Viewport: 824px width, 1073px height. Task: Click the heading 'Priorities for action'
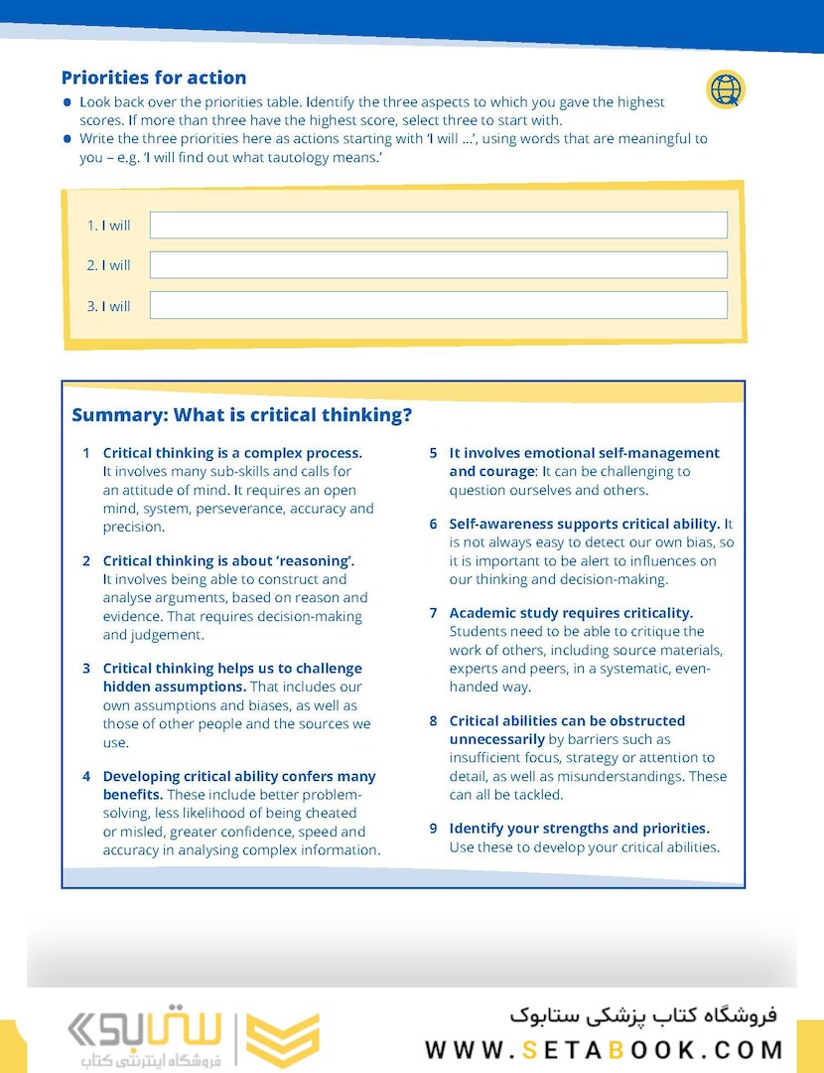[x=154, y=77]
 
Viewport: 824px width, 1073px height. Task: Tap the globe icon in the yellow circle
[x=725, y=89]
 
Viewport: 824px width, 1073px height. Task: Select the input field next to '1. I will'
[x=438, y=226]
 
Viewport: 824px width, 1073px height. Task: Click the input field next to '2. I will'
[x=438, y=265]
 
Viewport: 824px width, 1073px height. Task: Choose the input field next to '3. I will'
[x=438, y=305]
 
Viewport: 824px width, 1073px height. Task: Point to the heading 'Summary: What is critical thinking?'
[x=241, y=415]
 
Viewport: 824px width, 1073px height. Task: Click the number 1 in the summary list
[x=86, y=453]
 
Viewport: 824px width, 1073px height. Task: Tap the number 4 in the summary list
[x=86, y=776]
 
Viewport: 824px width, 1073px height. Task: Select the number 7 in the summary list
[x=433, y=613]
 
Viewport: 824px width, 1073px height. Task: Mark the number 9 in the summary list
[x=433, y=828]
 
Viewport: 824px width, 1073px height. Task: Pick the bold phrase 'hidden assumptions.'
[x=175, y=687]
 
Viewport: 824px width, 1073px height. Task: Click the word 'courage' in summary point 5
[x=506, y=472]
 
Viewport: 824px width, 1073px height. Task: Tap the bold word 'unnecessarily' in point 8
[x=496, y=739]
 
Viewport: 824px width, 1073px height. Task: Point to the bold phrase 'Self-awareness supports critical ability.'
[x=584, y=524]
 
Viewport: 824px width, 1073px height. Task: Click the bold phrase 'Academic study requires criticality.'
[x=571, y=613]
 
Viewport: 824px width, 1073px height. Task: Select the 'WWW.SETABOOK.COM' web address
[x=604, y=1049]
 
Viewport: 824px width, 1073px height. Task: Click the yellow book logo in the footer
[x=283, y=1040]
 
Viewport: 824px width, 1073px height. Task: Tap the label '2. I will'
[x=109, y=265]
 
